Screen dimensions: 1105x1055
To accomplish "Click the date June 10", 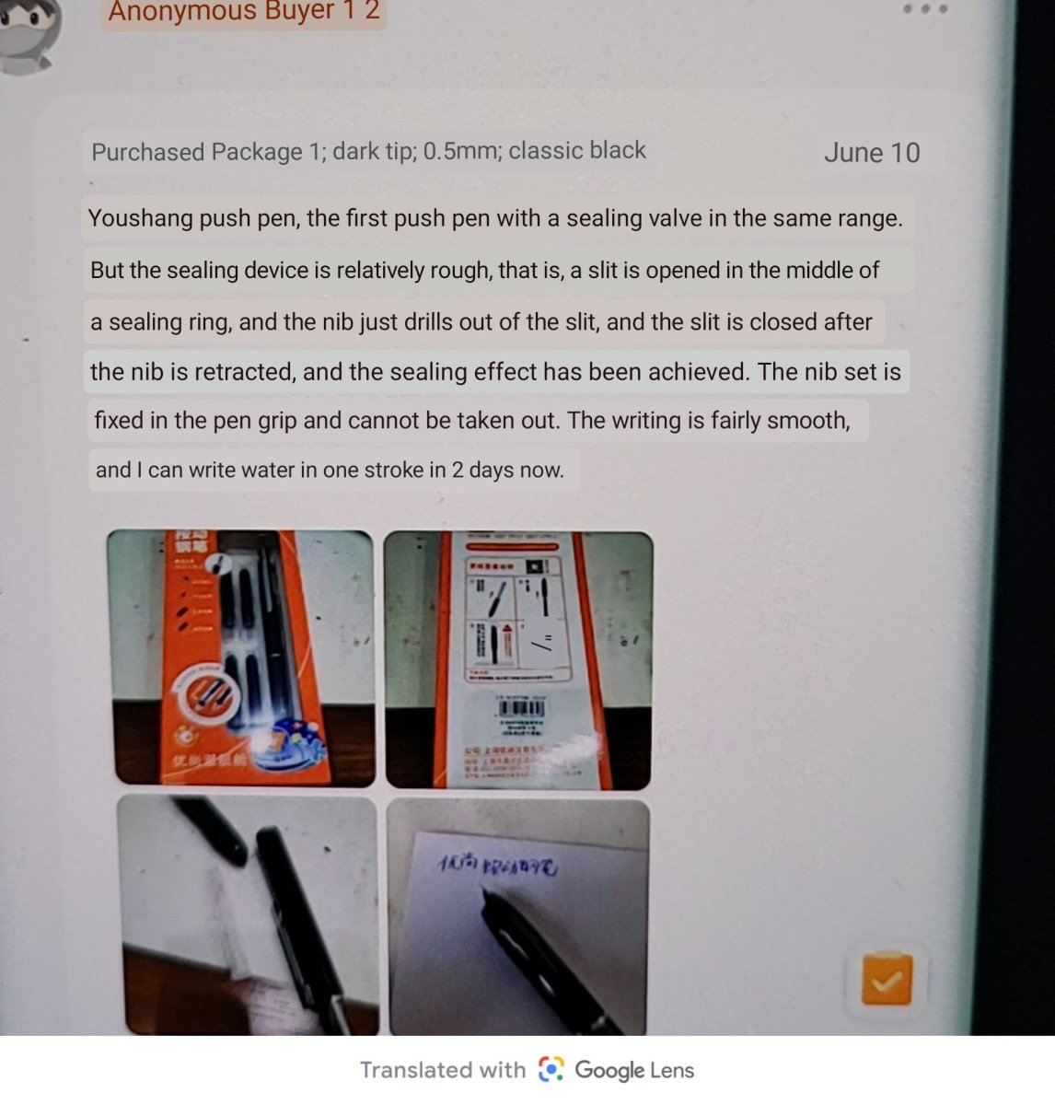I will [871, 153].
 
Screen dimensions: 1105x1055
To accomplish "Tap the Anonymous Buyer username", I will [244, 12].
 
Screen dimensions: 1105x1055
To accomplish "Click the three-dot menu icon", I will [924, 9].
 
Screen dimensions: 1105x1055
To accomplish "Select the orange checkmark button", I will [887, 981].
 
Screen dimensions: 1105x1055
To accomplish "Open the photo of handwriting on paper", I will [518, 917].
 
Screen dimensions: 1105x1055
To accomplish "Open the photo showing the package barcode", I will [518, 659].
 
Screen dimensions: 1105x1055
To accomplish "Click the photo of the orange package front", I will [242, 657].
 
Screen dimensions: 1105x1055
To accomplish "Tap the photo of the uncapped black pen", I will [248, 915].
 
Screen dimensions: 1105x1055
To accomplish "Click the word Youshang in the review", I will [139, 219].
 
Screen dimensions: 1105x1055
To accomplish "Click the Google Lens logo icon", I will [551, 1069].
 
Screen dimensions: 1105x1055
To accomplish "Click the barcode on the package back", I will [521, 710].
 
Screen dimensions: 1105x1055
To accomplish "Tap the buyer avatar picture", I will [28, 32].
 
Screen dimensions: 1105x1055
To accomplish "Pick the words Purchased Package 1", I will [197, 152].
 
